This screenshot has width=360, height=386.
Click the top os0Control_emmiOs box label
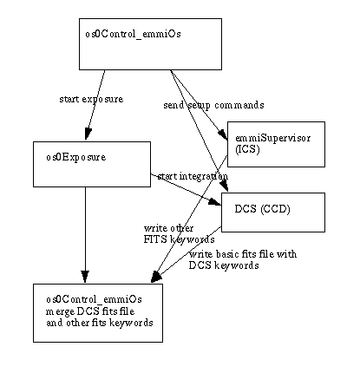click(x=133, y=34)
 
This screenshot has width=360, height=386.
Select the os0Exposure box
click(x=92, y=164)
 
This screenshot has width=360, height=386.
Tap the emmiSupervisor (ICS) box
click(x=276, y=144)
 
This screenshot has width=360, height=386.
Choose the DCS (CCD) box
click(x=273, y=213)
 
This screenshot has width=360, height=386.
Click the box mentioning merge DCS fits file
click(x=98, y=313)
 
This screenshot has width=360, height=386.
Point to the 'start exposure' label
click(x=91, y=99)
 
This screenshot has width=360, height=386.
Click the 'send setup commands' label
click(x=213, y=105)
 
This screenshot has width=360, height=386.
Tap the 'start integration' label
click(x=193, y=176)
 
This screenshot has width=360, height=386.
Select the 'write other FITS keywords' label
click(x=179, y=234)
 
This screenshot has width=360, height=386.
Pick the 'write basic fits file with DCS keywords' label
click(x=243, y=259)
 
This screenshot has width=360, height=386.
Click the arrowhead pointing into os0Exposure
click(x=88, y=134)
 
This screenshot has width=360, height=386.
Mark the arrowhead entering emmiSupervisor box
click(x=223, y=135)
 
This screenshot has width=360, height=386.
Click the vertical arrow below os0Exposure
click(x=85, y=235)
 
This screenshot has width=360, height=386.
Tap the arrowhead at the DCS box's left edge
click(x=215, y=202)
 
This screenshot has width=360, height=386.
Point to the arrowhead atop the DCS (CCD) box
click(x=225, y=186)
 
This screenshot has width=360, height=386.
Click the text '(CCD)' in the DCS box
click(x=275, y=209)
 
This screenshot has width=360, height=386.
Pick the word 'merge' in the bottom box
click(x=60, y=312)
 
